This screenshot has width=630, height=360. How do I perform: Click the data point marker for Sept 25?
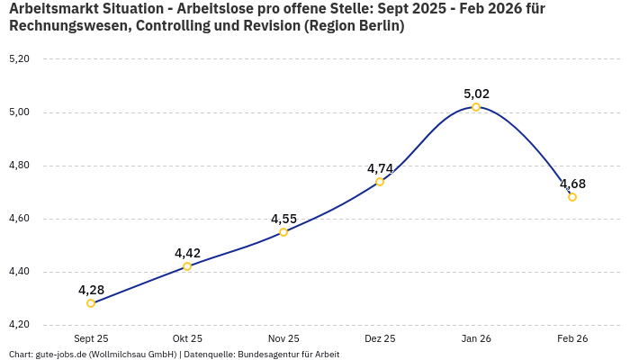pos(91,303)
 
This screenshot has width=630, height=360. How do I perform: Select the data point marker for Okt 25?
pos(187,266)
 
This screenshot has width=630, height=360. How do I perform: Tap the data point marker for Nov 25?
pos(283,232)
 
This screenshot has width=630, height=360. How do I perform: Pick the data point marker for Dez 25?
pos(380,182)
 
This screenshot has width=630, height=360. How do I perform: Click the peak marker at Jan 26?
pos(476,107)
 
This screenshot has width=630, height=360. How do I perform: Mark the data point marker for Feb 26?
pos(572,197)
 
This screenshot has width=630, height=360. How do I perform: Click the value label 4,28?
pos(91,290)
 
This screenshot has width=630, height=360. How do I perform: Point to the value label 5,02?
pos(476,94)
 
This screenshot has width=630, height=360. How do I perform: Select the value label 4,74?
pos(380,168)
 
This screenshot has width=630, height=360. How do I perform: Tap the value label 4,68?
pos(572,184)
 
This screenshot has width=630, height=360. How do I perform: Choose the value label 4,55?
pos(283,219)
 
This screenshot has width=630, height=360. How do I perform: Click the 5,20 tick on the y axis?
pos(19,59)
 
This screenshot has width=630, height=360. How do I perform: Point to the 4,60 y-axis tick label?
pos(19,219)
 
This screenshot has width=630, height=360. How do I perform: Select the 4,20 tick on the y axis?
pos(19,325)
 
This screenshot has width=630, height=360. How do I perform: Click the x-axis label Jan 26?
pos(476,339)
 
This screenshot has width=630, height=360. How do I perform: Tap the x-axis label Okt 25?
pos(187,339)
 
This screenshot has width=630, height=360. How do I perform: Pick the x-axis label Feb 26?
pos(572,339)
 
